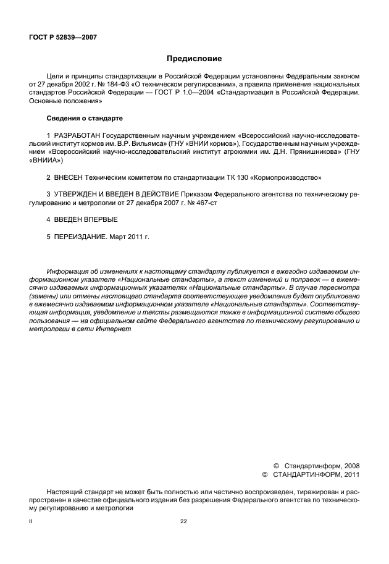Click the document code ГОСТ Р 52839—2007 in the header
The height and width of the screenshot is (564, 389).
[64, 37]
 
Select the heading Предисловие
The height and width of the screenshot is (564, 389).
[194, 59]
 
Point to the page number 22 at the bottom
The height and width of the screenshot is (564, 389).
[183, 522]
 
